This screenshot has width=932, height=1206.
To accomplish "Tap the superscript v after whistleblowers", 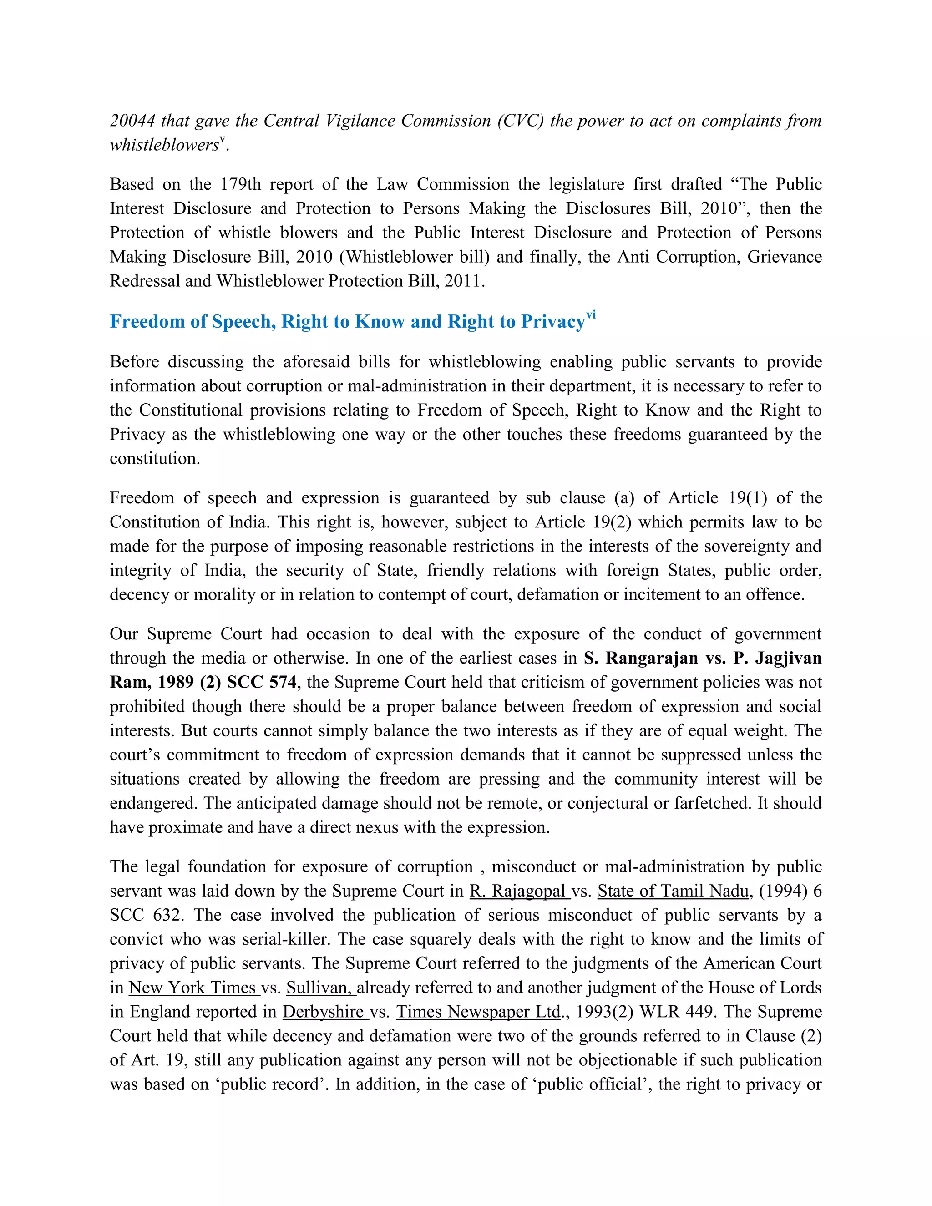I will [222, 140].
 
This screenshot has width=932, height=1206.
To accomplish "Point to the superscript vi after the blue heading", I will [591, 315].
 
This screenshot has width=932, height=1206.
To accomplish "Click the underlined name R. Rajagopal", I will [519, 891].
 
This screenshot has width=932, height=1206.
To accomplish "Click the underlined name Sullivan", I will [321, 988].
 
